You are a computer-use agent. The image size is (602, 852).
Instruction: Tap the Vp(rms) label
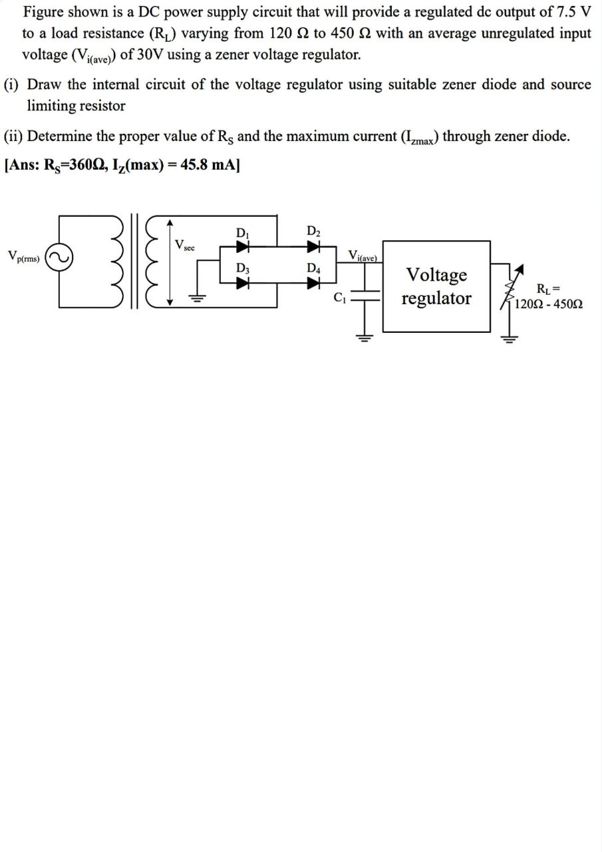click(x=23, y=256)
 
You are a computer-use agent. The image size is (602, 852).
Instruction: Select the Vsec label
click(x=184, y=246)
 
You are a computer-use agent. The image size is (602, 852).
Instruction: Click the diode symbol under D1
click(x=242, y=246)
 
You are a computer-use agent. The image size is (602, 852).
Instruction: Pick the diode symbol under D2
click(x=313, y=246)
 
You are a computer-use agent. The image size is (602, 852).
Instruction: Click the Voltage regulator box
click(x=436, y=286)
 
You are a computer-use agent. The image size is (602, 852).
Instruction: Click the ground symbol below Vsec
click(x=198, y=299)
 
